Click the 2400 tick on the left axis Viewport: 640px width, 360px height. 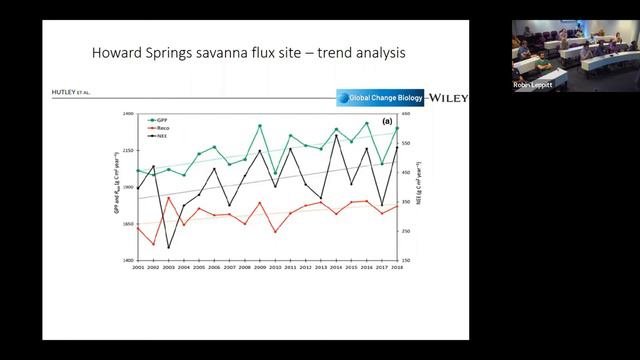[127, 114]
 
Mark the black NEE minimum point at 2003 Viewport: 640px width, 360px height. [168, 247]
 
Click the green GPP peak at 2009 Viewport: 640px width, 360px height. [260, 126]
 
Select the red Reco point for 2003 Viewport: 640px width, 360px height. [168, 199]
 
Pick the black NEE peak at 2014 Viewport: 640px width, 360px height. [336, 135]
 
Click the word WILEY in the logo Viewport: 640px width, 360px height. [448, 97]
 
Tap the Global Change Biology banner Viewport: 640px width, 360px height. [381, 98]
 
